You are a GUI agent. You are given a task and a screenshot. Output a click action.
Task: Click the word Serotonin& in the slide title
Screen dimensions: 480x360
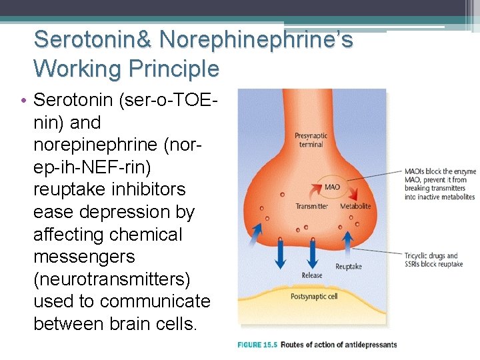tap(93, 39)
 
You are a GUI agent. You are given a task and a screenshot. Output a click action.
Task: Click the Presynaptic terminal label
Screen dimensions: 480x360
tap(310, 140)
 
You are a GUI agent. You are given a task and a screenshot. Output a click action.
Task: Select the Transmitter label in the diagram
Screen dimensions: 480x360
tap(311, 207)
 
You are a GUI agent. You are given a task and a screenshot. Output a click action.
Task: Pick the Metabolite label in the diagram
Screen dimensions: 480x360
tap(355, 207)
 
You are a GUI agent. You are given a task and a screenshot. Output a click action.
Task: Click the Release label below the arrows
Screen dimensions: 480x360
tap(311, 275)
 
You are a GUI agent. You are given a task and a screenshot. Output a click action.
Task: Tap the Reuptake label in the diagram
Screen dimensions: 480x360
tap(348, 266)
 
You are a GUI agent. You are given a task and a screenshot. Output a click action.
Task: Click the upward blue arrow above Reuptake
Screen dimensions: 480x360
tap(348, 239)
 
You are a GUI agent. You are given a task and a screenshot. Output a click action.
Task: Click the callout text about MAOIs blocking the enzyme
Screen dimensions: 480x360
tap(439, 184)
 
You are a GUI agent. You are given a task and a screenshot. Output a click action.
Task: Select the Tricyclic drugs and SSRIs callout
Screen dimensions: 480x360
tap(433, 260)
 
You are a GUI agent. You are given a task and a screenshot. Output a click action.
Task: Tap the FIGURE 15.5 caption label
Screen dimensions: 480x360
tap(257, 345)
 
